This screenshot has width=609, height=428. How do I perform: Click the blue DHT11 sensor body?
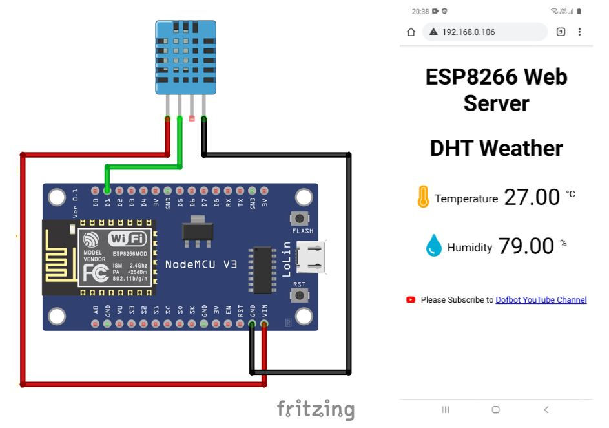185,57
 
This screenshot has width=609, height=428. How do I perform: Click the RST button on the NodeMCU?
300,295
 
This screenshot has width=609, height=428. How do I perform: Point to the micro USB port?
312,257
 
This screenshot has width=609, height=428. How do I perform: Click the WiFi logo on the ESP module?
127,238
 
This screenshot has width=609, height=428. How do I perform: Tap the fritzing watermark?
316,409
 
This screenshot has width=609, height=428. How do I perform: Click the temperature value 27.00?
532,197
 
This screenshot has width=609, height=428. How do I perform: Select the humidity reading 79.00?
526,246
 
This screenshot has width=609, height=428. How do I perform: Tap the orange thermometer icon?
423,197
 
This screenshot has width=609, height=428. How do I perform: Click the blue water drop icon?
434,246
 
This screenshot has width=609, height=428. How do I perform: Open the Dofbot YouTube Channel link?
541,300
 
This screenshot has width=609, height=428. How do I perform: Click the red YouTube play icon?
411,300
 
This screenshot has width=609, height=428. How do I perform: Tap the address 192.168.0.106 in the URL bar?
468,32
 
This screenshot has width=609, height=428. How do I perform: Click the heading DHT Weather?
496,148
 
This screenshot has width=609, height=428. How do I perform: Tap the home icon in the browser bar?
411,32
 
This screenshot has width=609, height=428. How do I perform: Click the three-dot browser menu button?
579,32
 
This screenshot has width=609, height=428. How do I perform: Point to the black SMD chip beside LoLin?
262,270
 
